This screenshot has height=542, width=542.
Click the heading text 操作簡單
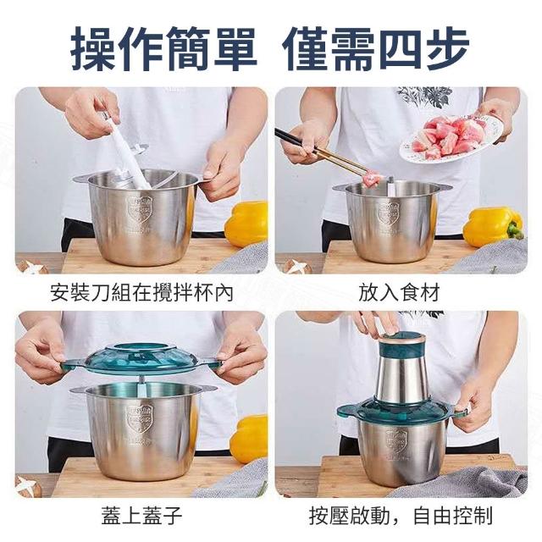[164, 49]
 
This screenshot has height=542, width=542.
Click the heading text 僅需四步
[376, 49]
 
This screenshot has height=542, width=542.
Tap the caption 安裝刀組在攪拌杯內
[141, 293]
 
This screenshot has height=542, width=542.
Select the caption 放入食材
[399, 293]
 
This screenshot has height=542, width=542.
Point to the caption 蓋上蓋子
[141, 516]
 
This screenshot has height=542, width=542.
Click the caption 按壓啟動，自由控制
[401, 516]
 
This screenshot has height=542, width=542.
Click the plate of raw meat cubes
[453, 138]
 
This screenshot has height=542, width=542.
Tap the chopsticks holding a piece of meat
[325, 153]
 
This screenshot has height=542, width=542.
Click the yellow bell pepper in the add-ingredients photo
[493, 226]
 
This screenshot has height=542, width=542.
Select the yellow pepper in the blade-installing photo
[246, 224]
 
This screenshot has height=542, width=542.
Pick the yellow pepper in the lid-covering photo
[250, 439]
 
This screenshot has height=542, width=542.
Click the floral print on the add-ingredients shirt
[424, 95]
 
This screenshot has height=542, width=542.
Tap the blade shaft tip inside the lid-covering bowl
[141, 379]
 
